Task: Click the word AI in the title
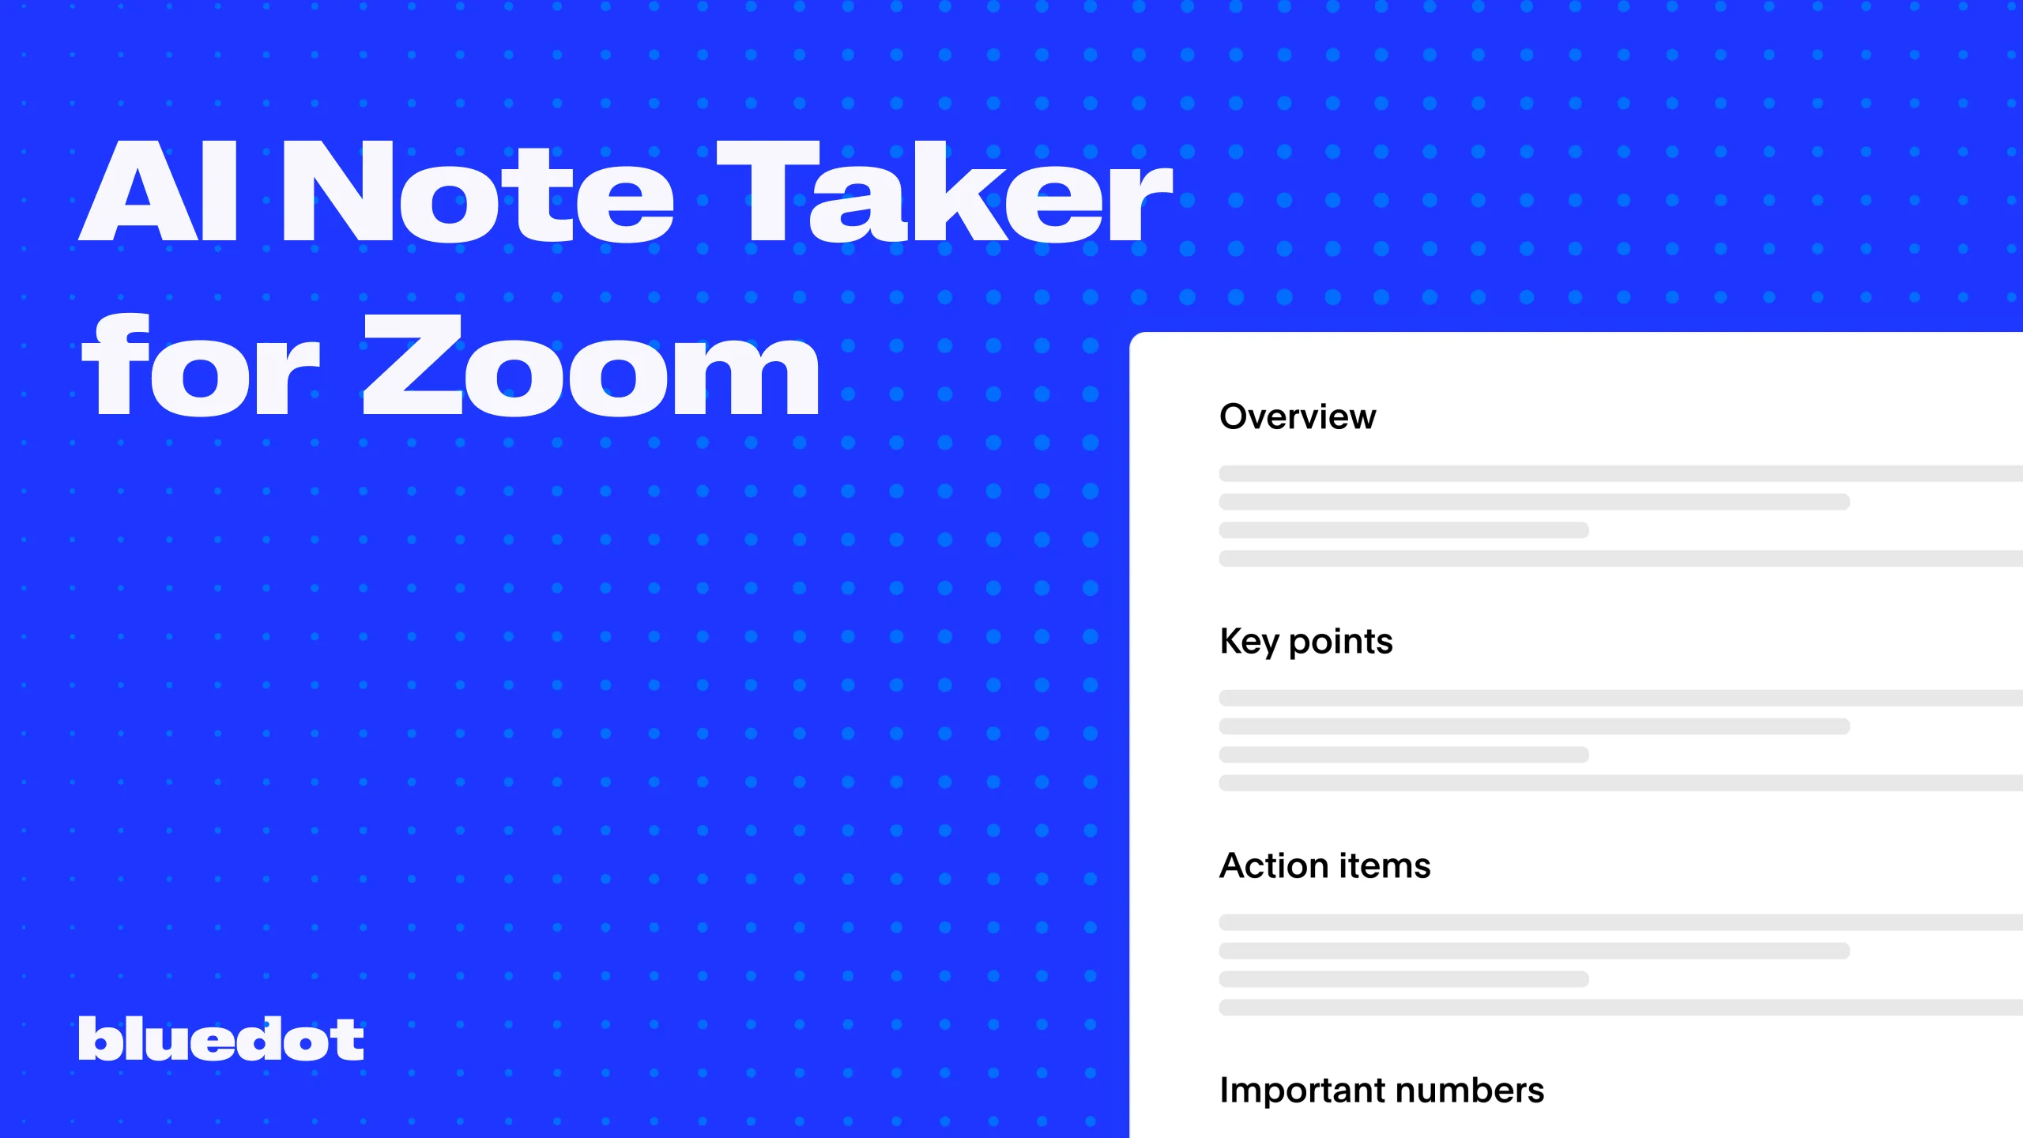click(x=158, y=191)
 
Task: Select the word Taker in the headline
click(x=944, y=191)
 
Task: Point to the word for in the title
click(x=201, y=365)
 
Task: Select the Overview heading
click(x=1298, y=416)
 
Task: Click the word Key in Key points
click(x=1249, y=642)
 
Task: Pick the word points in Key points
click(x=1340, y=642)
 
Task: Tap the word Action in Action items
click(x=1273, y=865)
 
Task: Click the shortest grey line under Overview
click(x=1403, y=530)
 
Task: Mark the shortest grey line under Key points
click(x=1403, y=755)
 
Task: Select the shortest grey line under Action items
click(x=1403, y=979)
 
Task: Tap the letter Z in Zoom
click(x=413, y=365)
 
